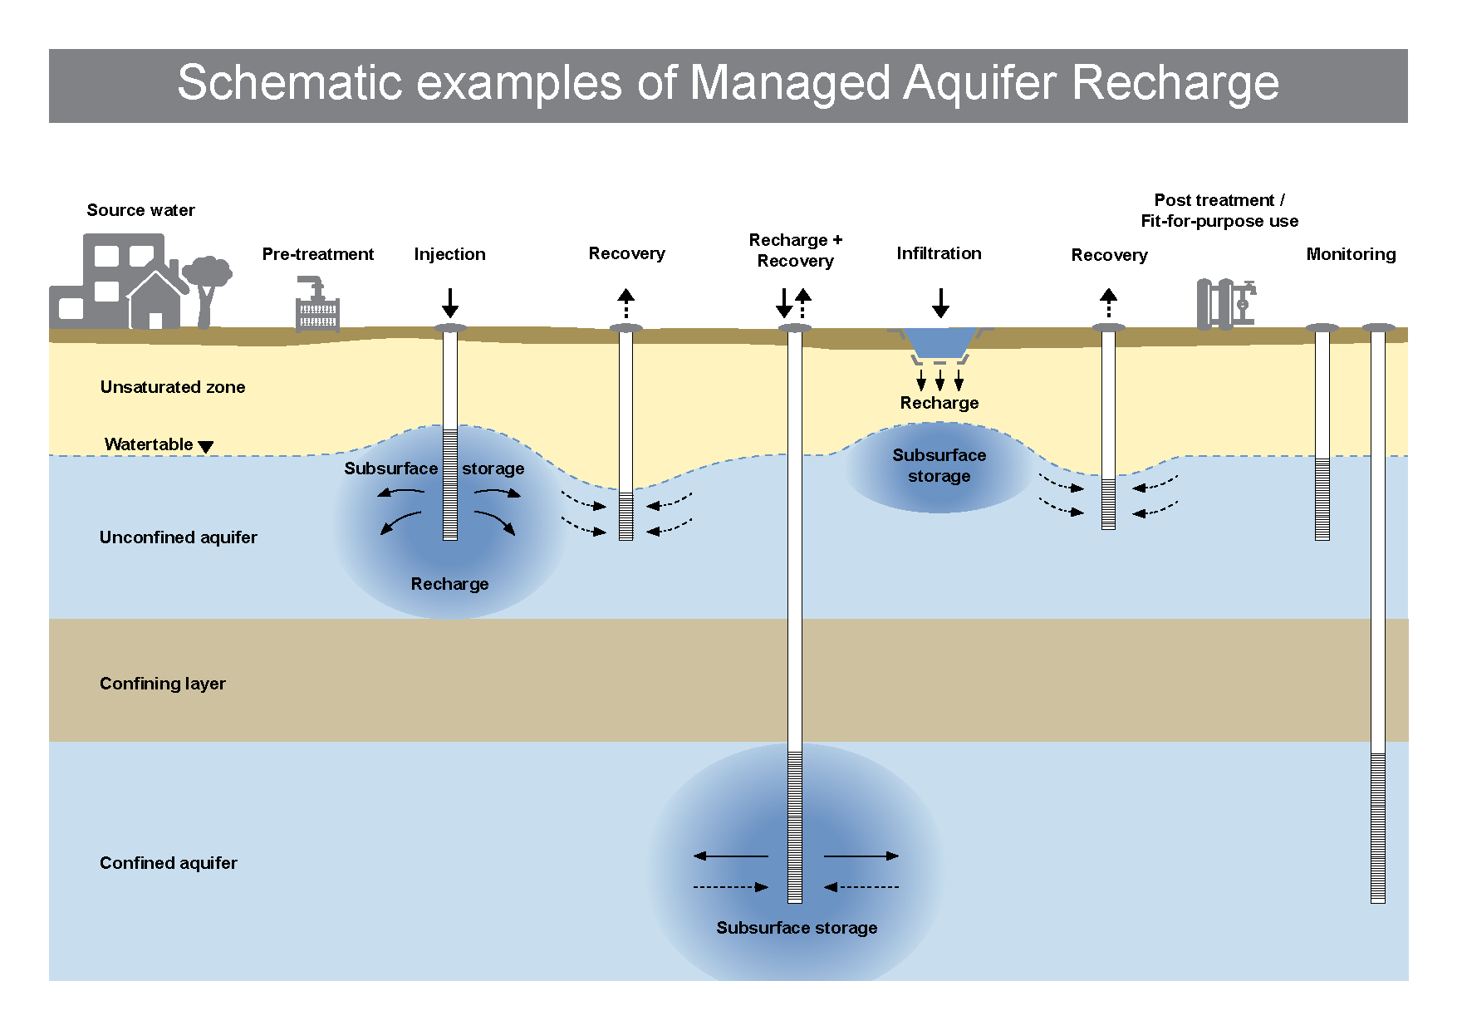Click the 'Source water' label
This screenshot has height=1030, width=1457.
click(141, 210)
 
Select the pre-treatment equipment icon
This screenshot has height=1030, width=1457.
click(317, 306)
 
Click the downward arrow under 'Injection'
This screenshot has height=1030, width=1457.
click(450, 303)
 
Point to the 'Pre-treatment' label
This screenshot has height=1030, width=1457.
click(317, 254)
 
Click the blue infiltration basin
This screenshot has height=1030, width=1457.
click(939, 342)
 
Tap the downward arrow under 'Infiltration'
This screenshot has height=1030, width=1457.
click(940, 303)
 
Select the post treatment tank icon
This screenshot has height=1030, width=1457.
click(1225, 304)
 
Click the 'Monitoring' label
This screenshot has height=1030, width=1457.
click(1351, 254)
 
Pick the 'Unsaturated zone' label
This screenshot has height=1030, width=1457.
click(173, 387)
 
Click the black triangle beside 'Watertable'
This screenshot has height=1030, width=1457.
click(206, 447)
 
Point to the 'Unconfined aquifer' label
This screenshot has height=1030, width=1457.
click(179, 537)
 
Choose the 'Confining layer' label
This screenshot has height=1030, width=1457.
click(163, 684)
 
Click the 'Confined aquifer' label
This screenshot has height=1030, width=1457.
click(169, 863)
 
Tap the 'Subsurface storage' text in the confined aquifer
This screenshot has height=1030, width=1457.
click(797, 928)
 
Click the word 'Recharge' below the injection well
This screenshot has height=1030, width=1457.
click(449, 584)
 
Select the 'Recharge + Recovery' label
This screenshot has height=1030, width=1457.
click(796, 250)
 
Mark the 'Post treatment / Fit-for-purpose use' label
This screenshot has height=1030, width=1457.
click(1219, 211)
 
